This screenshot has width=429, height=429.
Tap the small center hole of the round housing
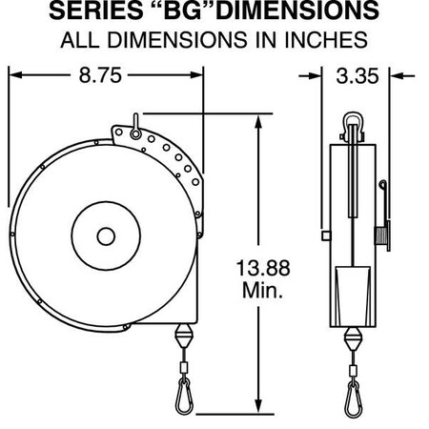coord(106,235)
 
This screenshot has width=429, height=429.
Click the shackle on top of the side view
coord(350,121)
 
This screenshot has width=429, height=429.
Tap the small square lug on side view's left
coord(326,235)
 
